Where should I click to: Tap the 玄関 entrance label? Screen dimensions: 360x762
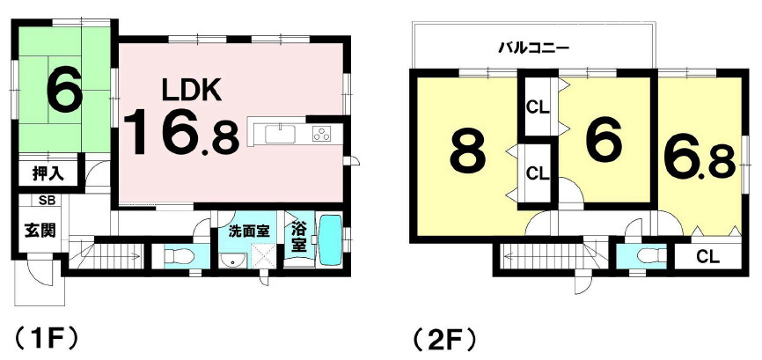(40, 231)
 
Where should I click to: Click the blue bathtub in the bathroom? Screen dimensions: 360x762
(330, 239)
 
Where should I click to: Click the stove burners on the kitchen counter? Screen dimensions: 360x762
(322, 134)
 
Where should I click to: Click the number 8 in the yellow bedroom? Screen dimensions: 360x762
(466, 153)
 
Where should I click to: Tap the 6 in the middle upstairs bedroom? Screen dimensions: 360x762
(603, 139)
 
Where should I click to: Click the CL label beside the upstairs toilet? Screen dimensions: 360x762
(708, 258)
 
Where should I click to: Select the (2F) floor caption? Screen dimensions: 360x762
(445, 338)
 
